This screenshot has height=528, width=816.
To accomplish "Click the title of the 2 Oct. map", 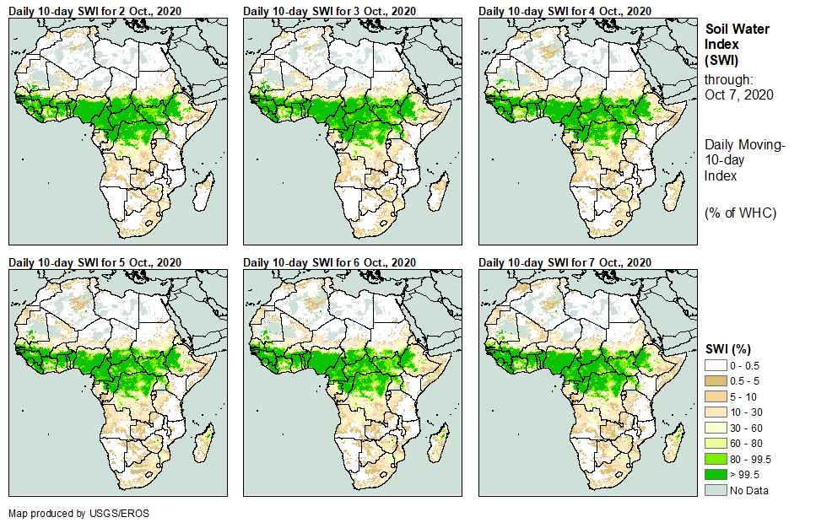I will click(x=95, y=10).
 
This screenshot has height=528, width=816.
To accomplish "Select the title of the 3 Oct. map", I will click(x=329, y=10).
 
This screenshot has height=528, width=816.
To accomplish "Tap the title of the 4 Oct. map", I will click(x=565, y=10).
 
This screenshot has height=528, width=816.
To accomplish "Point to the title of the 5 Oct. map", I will click(x=95, y=262).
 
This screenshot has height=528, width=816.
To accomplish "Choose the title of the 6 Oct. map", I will click(x=329, y=262).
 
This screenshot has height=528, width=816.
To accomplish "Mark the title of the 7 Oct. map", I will click(x=565, y=262).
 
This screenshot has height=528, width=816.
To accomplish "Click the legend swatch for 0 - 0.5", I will click(x=716, y=364).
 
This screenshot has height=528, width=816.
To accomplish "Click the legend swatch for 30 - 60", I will click(x=716, y=428).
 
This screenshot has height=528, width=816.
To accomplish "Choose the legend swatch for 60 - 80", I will click(x=716, y=443).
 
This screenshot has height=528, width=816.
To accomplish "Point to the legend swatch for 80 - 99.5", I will click(x=716, y=459).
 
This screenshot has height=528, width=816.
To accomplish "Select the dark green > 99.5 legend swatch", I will click(x=716, y=475).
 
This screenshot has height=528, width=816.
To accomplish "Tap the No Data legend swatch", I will click(x=716, y=490).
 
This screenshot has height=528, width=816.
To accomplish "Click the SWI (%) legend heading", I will click(x=727, y=348).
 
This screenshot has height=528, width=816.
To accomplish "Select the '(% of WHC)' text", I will click(x=740, y=213).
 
